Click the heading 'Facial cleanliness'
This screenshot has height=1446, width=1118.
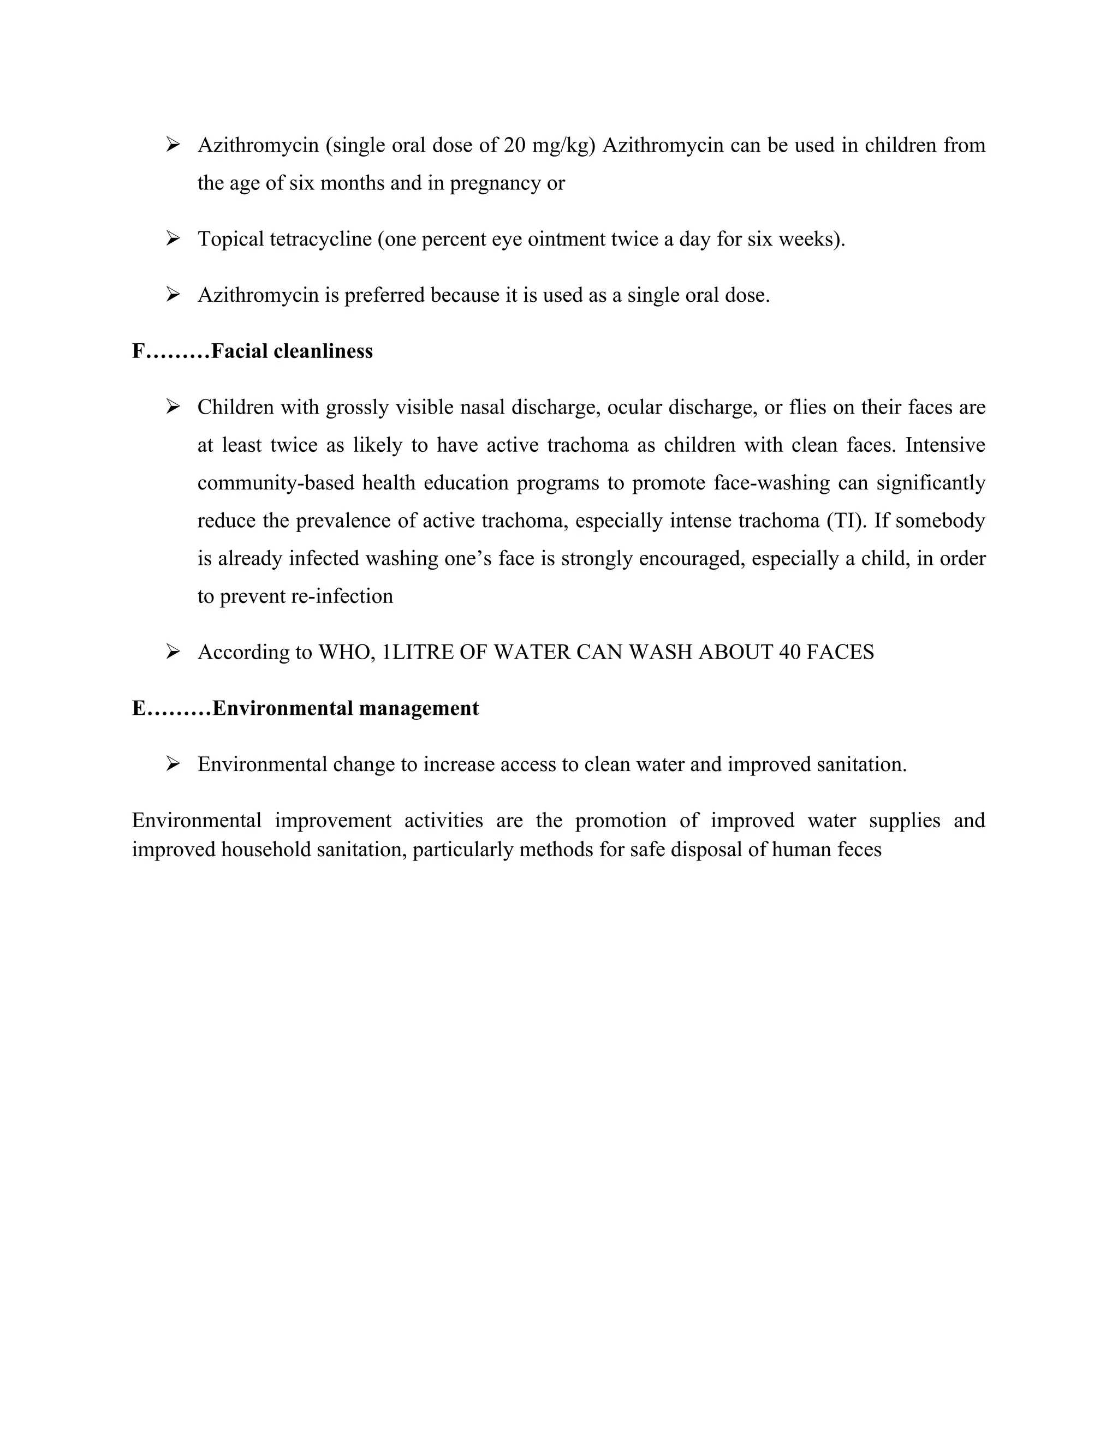click(292, 351)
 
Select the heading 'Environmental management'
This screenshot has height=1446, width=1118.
click(346, 708)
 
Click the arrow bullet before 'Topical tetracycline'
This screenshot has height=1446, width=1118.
click(173, 238)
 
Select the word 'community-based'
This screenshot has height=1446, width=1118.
click(276, 483)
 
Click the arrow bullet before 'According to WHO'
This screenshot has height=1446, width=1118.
click(173, 652)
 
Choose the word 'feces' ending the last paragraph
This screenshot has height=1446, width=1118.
click(858, 850)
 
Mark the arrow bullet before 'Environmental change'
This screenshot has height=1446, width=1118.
click(173, 764)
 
